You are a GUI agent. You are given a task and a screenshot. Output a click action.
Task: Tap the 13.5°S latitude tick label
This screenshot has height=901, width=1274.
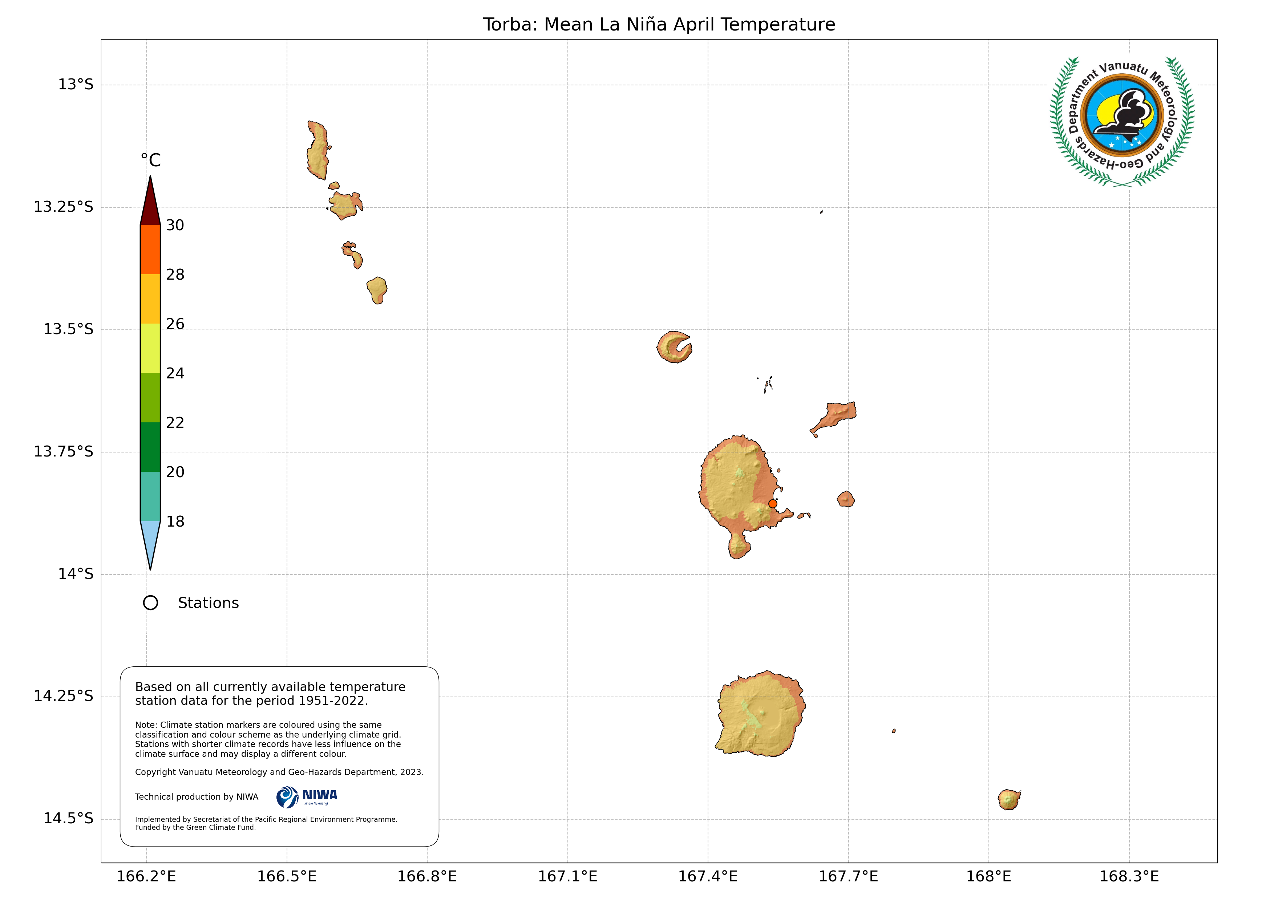point(68,329)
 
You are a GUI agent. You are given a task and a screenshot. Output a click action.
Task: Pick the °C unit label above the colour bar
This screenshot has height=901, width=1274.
point(150,161)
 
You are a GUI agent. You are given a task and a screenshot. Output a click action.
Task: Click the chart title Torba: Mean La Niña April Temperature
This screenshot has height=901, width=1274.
point(659,24)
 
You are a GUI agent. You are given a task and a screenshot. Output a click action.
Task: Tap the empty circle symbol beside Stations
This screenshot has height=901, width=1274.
point(150,603)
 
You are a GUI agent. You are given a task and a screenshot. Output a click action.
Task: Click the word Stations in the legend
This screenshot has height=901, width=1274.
point(208,603)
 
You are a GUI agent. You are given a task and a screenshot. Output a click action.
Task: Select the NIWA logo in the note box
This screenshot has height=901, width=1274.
point(307,797)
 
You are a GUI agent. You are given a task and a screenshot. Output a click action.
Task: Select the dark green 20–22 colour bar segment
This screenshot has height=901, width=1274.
point(150,447)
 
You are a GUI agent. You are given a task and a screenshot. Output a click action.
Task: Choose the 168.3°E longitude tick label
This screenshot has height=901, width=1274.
point(1129,877)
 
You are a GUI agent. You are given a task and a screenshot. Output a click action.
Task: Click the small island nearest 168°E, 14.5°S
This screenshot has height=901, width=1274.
point(1009,799)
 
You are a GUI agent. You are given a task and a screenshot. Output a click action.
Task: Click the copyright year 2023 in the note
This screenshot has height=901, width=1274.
point(411,772)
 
